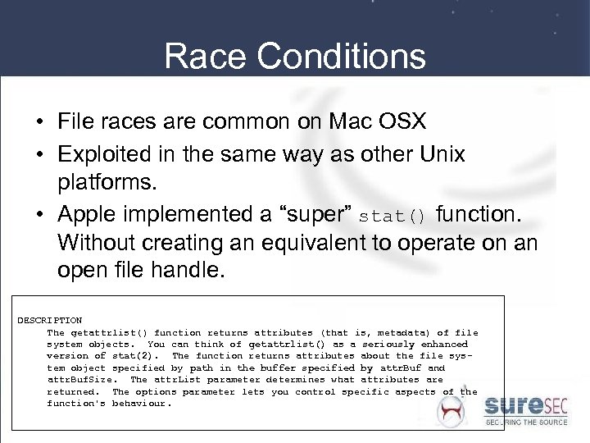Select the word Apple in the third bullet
(x=84, y=216)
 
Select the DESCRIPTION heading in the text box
(x=50, y=320)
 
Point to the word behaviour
(x=142, y=404)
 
